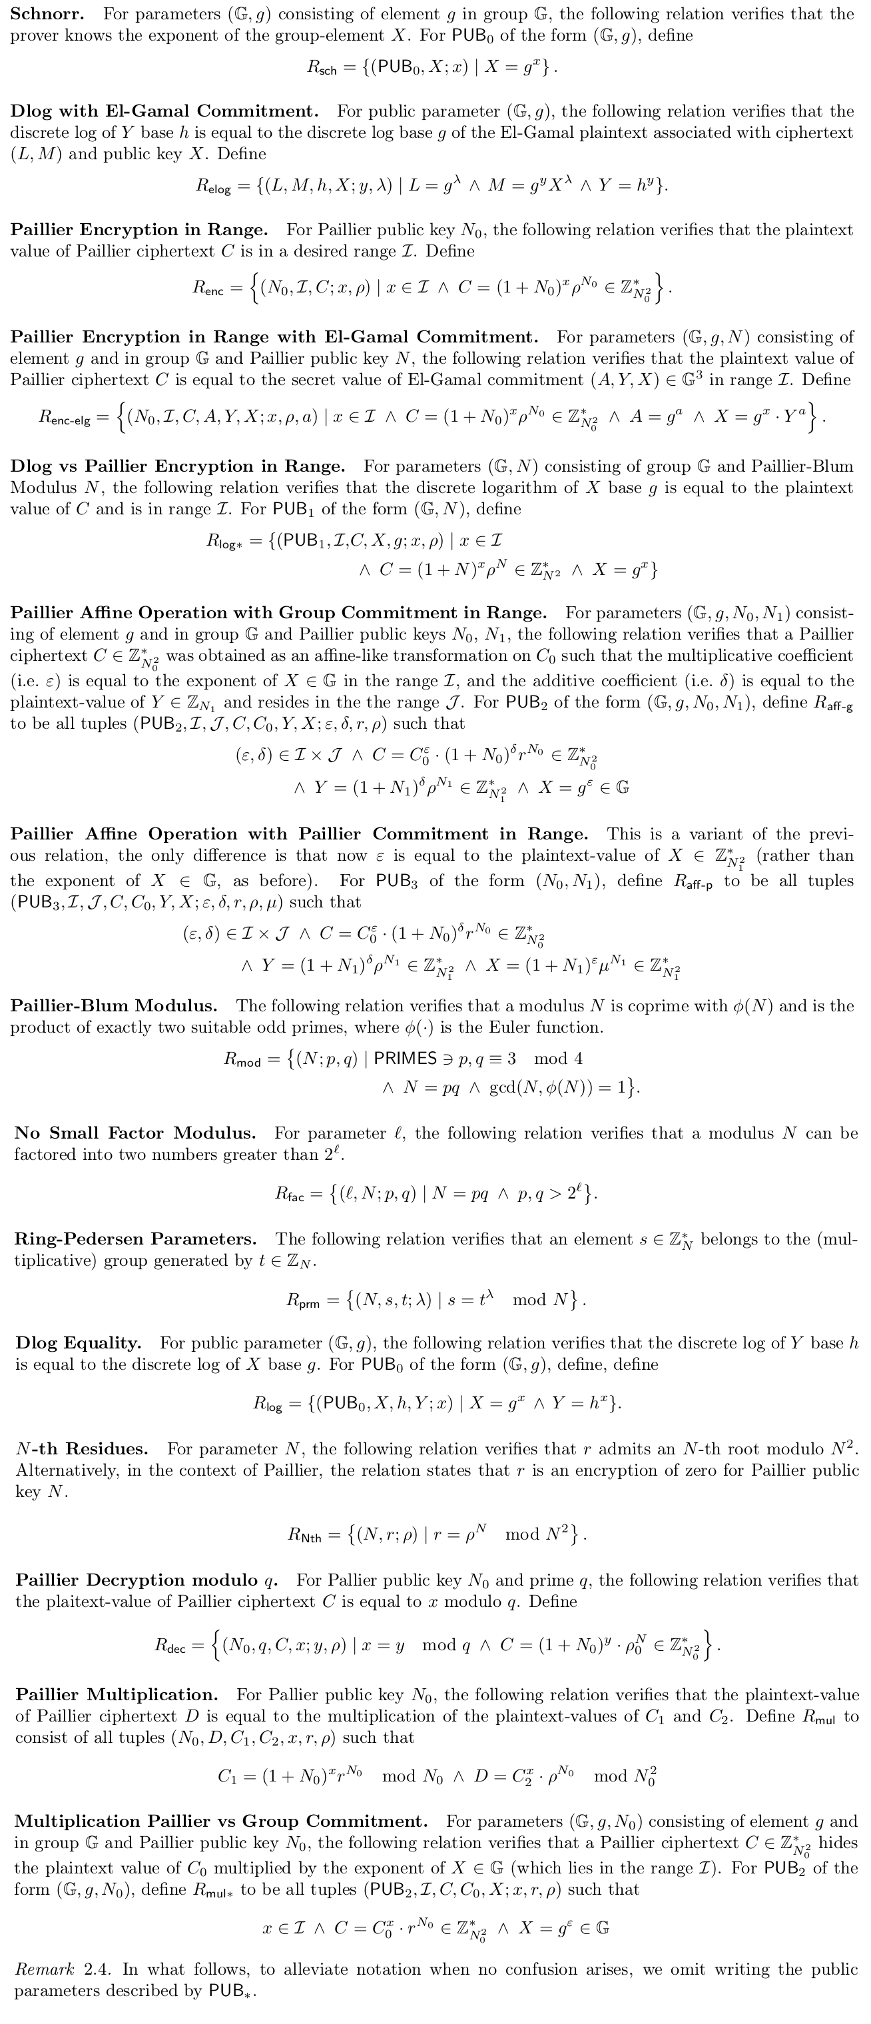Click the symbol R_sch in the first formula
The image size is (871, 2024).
pyautogui.click(x=321, y=69)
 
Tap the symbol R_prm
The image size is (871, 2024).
pyautogui.click(x=303, y=1300)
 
